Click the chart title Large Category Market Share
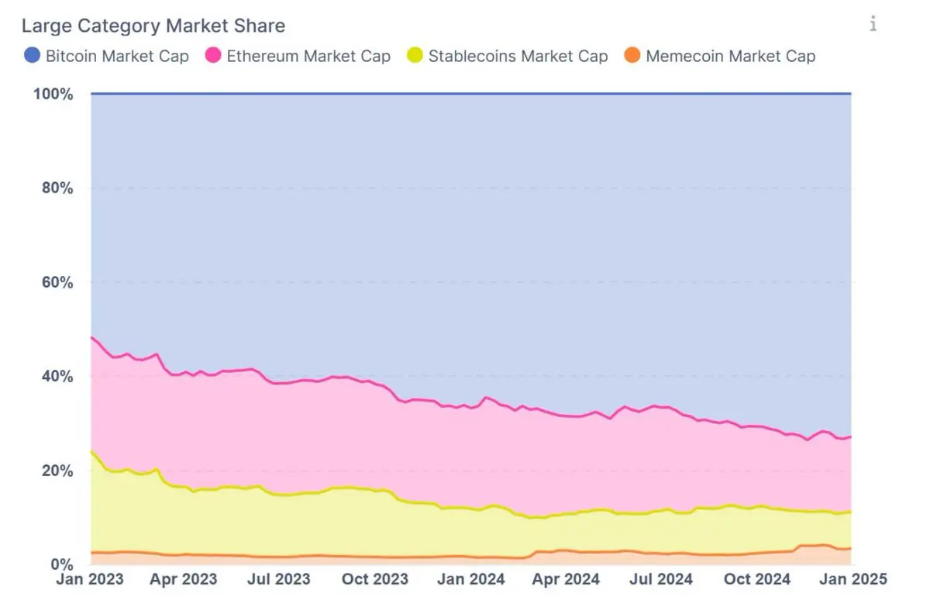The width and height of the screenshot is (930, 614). click(x=153, y=26)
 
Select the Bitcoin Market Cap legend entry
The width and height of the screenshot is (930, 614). click(x=117, y=56)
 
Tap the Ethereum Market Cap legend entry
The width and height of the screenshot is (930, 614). click(x=308, y=56)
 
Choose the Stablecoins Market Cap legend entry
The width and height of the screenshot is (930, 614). click(x=518, y=56)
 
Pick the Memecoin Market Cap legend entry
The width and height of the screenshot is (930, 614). click(x=730, y=56)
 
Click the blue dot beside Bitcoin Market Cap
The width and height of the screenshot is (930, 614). click(x=33, y=56)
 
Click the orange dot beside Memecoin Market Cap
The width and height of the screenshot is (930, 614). click(x=632, y=56)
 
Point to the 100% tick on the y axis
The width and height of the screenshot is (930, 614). click(x=54, y=95)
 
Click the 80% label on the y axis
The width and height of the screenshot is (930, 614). click(x=57, y=188)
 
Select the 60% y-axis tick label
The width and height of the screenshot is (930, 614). click(x=57, y=282)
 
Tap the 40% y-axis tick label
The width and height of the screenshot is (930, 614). click(x=57, y=376)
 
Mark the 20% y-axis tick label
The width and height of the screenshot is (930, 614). click(x=57, y=471)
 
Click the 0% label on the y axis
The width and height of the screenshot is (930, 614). click(x=61, y=564)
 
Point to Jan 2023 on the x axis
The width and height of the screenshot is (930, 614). click(x=90, y=579)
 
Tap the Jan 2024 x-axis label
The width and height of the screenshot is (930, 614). click(x=472, y=579)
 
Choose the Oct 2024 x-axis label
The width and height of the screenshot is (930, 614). click(x=757, y=579)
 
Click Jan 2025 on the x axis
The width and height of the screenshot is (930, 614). click(x=853, y=579)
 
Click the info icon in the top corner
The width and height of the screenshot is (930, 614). click(x=873, y=24)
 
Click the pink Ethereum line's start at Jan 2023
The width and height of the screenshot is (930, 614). click(x=91, y=337)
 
